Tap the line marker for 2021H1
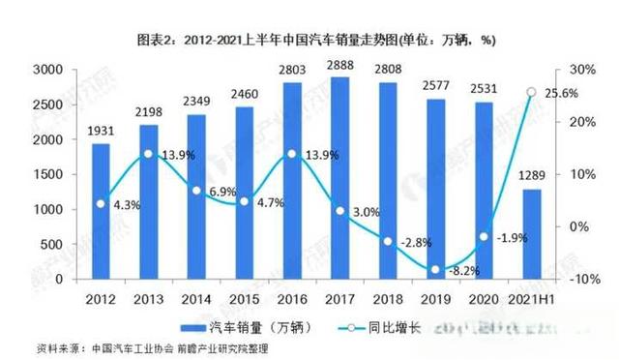tap(531, 93)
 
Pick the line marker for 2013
tap(149, 154)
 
